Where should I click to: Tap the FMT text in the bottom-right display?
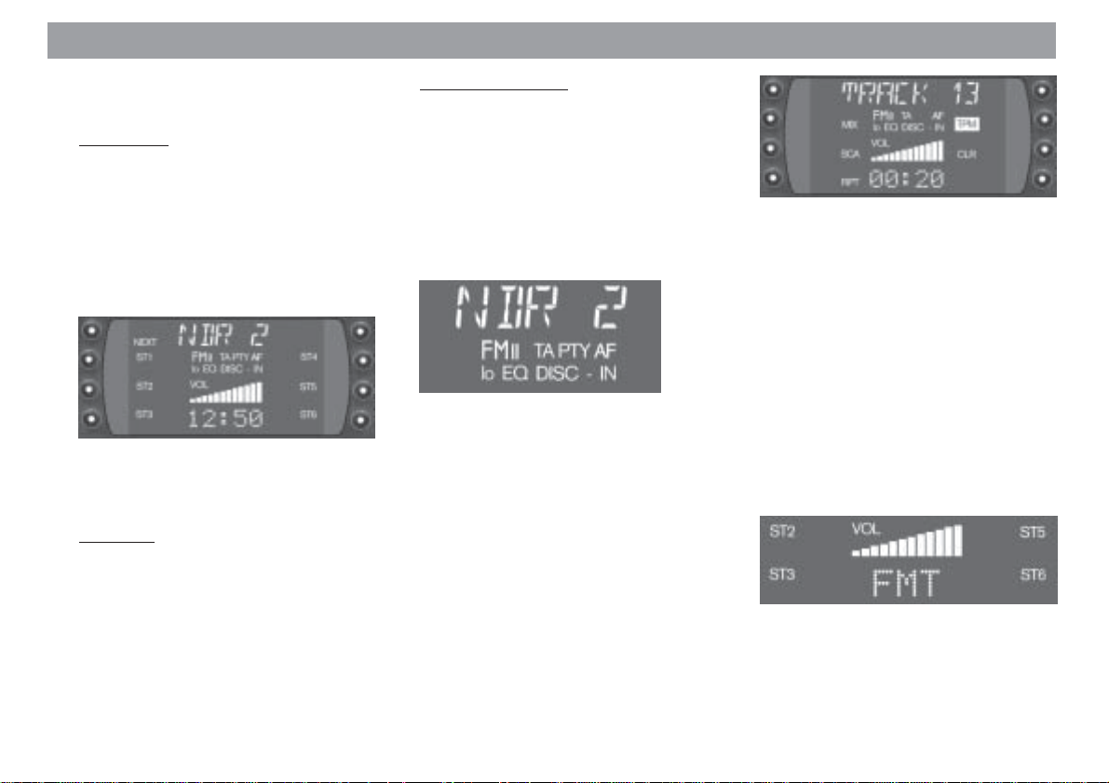906,584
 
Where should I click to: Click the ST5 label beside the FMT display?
1033,533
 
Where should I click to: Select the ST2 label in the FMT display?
783,532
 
